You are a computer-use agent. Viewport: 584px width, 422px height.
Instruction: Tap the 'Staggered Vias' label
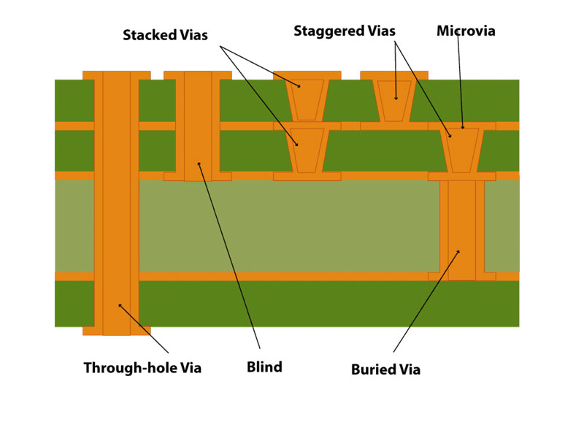tap(345, 31)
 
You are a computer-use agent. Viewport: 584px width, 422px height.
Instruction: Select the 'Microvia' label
tap(466, 31)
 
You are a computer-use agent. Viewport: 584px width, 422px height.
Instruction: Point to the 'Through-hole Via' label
tap(142, 367)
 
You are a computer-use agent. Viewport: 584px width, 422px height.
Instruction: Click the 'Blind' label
tap(264, 367)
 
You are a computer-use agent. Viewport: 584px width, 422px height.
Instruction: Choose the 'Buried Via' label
tap(385, 369)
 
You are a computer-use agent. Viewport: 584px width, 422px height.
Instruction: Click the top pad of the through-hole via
tap(117, 75)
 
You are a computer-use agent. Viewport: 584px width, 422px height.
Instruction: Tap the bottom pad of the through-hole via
tap(117, 331)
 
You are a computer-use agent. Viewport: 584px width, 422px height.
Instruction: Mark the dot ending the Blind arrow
tap(199, 163)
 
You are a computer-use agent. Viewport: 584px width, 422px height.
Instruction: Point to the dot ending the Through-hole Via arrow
tap(119, 306)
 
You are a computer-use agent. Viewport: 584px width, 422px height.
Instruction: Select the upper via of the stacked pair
tap(307, 99)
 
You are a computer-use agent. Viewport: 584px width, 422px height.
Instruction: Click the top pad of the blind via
tap(197, 75)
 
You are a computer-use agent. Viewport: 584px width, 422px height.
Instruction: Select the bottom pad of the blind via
tap(197, 177)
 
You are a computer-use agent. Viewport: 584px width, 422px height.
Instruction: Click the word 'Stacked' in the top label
tap(148, 34)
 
